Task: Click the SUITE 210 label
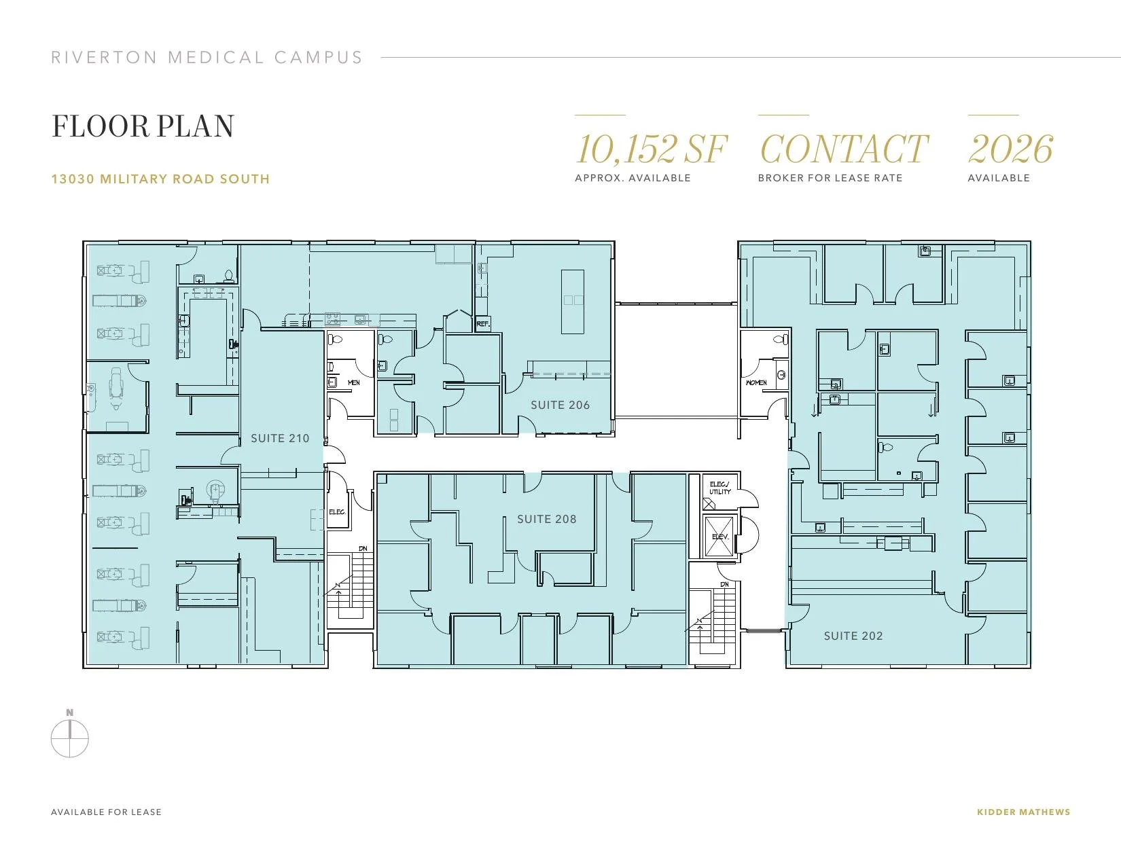(280, 438)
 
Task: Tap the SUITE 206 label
(560, 405)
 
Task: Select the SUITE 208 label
(547, 520)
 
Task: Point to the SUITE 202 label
(853, 636)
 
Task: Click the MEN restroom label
(354, 382)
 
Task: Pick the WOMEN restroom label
(756, 382)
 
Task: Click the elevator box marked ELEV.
(720, 537)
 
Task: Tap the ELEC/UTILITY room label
(720, 488)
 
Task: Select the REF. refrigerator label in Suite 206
(483, 324)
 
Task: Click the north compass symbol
(70, 734)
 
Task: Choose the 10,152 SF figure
(651, 149)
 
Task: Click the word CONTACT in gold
(844, 149)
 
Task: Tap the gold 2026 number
(1010, 149)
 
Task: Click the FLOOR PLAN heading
(143, 126)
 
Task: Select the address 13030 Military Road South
(160, 179)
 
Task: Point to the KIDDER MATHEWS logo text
(1023, 812)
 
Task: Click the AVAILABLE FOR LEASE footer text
(106, 812)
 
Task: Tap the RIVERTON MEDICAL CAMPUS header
(207, 57)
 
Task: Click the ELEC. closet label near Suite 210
(337, 511)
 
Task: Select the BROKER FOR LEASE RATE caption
(830, 178)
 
